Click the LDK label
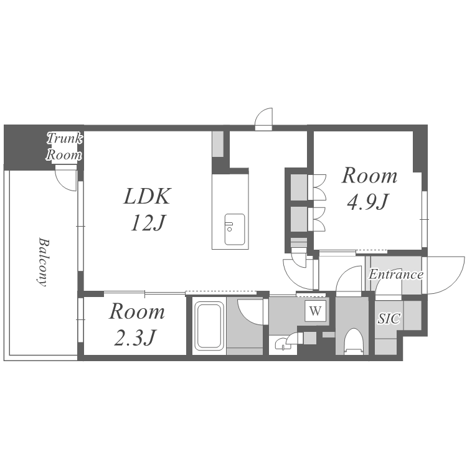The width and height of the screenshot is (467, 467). [x=147, y=196]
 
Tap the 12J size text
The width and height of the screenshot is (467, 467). [x=148, y=223]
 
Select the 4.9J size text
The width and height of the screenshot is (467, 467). [x=368, y=202]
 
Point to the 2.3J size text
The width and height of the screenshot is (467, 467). [x=135, y=337]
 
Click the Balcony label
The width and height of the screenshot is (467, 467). [x=43, y=262]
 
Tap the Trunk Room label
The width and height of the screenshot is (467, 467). [x=64, y=147]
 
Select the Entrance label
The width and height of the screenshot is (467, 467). [x=396, y=275]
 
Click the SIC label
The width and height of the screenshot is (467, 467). [x=389, y=318]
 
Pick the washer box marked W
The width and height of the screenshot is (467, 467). [x=316, y=311]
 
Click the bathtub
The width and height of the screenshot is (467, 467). [x=209, y=326]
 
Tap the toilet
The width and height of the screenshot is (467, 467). [x=354, y=341]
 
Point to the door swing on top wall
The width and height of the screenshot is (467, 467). [x=264, y=119]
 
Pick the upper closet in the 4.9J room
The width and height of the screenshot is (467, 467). [x=300, y=187]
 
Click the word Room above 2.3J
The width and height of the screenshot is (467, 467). [x=137, y=311]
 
